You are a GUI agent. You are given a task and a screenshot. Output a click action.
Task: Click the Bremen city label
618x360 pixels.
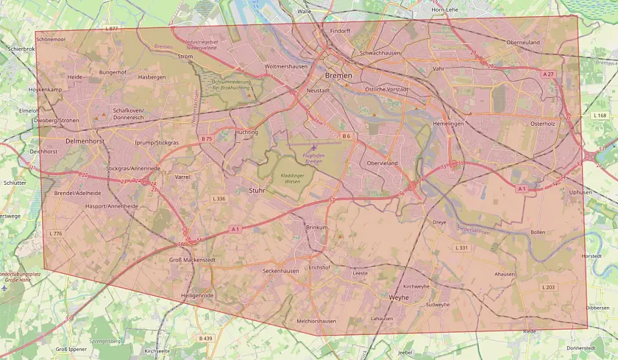(x=338, y=76)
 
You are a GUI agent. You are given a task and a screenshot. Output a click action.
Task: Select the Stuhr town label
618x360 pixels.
(x=257, y=190)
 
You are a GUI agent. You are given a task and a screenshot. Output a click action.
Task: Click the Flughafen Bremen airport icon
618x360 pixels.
(x=314, y=147)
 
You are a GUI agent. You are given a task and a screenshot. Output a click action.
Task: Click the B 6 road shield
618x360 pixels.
(x=346, y=135)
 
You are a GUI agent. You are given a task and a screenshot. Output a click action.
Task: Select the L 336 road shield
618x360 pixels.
(x=219, y=199)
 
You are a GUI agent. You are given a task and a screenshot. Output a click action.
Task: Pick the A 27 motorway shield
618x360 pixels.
(x=548, y=74)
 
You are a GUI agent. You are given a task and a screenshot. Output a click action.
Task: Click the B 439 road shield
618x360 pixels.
(x=205, y=338)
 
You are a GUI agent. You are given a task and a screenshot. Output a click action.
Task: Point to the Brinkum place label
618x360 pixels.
(x=316, y=228)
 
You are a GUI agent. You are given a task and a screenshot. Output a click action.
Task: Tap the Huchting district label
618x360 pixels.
(x=246, y=133)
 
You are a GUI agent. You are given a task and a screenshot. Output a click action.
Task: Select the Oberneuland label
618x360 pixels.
(x=522, y=43)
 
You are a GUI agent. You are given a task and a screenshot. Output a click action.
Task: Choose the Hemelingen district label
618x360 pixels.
(x=448, y=124)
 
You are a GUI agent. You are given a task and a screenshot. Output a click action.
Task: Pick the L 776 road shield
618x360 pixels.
(x=56, y=233)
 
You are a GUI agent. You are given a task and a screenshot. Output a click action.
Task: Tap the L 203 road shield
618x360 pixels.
(x=548, y=286)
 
